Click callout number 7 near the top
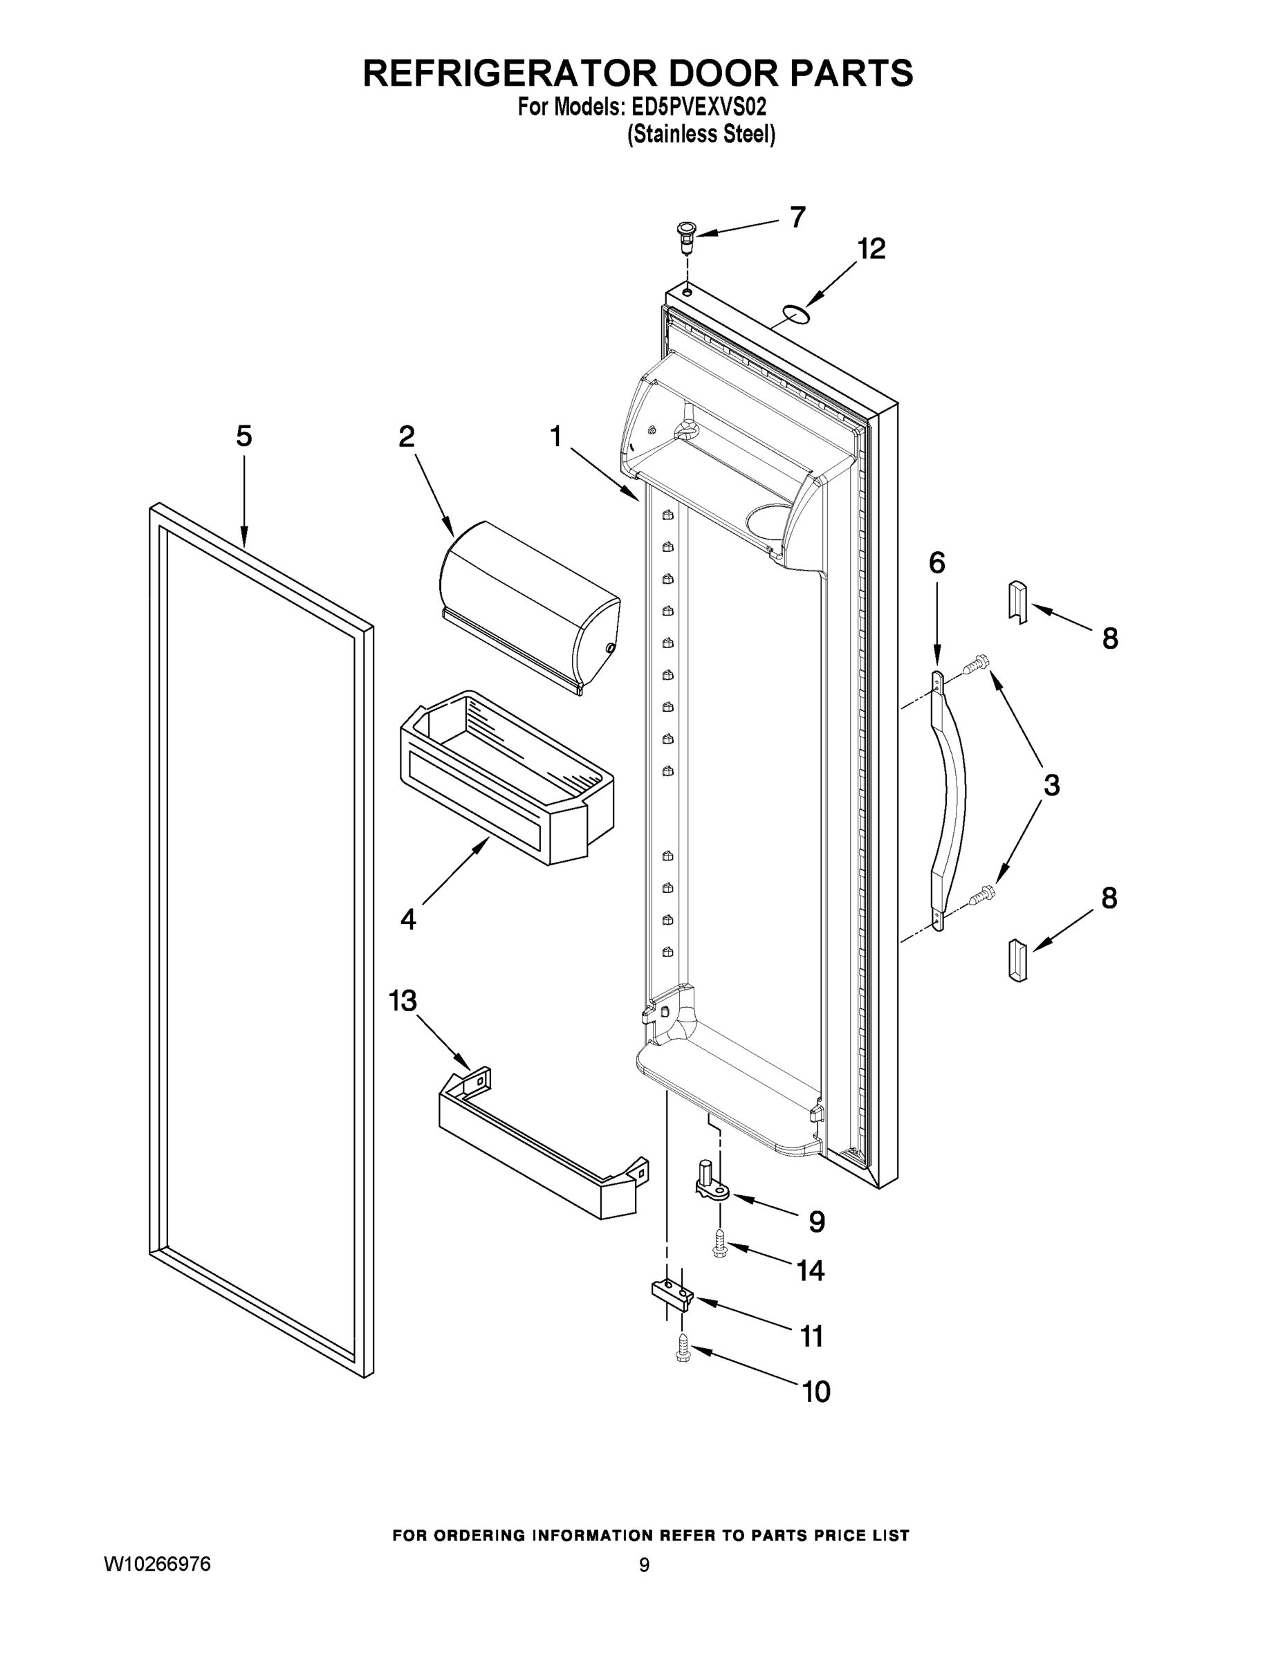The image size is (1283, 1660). [x=797, y=217]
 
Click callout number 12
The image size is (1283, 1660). [x=871, y=249]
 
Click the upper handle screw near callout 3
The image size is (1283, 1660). [x=976, y=666]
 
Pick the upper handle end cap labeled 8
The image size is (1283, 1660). [x=1017, y=601]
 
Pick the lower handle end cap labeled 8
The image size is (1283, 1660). [x=1017, y=960]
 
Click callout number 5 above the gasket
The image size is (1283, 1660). [x=244, y=436]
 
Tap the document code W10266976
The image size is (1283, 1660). [x=157, y=1565]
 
